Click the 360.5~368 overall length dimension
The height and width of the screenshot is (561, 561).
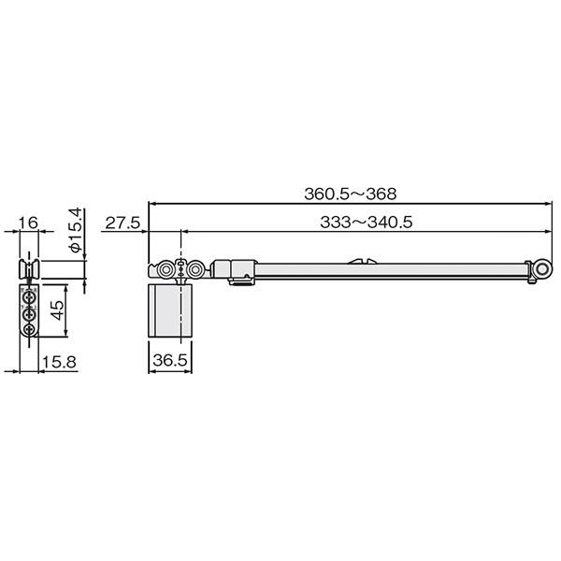(x=351, y=194)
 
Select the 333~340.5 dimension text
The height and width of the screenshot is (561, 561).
(x=366, y=223)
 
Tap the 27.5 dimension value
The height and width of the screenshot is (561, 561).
(x=122, y=223)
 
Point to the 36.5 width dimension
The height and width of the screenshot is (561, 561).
(x=170, y=360)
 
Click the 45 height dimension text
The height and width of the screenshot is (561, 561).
(x=57, y=309)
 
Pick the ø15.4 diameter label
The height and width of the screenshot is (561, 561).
(x=77, y=230)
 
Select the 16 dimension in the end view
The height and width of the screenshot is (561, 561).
(x=28, y=223)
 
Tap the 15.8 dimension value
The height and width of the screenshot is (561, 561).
(x=60, y=362)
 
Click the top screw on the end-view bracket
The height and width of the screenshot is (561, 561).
(x=29, y=297)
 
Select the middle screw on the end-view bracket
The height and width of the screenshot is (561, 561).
(x=29, y=315)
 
